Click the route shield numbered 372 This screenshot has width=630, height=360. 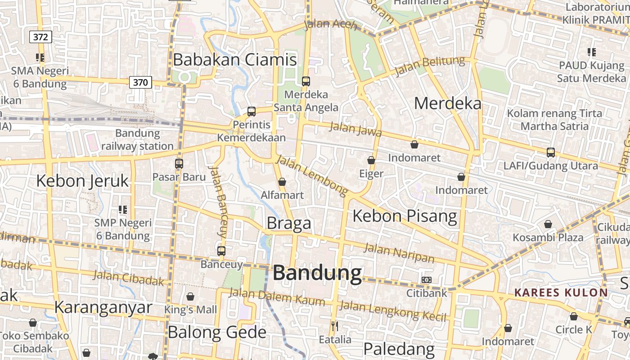click(x=40, y=37)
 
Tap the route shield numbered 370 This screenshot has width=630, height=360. click(x=140, y=82)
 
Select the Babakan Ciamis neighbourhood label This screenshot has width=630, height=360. click(x=235, y=60)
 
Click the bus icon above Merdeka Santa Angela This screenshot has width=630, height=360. click(x=306, y=81)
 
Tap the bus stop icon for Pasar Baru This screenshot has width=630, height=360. click(x=179, y=164)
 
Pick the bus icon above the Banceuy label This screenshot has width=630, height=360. click(x=221, y=251)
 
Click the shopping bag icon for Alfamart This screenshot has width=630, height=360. click(x=282, y=182)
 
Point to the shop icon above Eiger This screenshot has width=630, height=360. click(x=371, y=160)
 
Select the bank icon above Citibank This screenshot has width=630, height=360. click(x=427, y=280)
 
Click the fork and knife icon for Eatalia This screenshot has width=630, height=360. click(x=334, y=326)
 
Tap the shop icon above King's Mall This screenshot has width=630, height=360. click(x=190, y=297)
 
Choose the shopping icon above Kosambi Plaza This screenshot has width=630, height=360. click(x=548, y=224)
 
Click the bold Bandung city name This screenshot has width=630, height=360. click(x=317, y=273)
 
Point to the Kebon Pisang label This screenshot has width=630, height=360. click(x=405, y=216)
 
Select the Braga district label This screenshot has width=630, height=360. click(x=289, y=223)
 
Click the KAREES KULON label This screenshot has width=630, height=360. click(x=561, y=293)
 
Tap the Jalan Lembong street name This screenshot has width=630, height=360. click(x=312, y=176)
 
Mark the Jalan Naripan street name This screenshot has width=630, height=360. click(x=399, y=253)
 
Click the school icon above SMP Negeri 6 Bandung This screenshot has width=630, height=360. click(x=123, y=210)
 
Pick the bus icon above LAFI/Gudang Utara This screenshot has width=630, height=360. click(x=551, y=153)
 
